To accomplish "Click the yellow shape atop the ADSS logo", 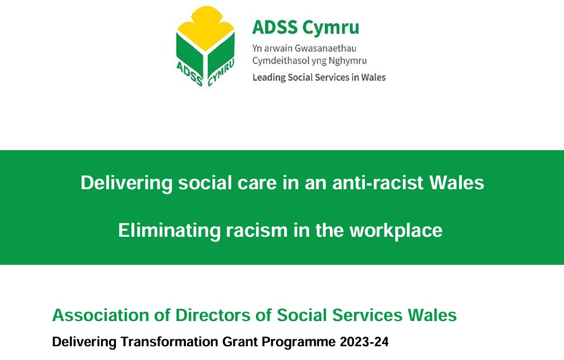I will click(205, 26).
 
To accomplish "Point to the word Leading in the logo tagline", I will click(269, 77).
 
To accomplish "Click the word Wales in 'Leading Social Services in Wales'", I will click(372, 77).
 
